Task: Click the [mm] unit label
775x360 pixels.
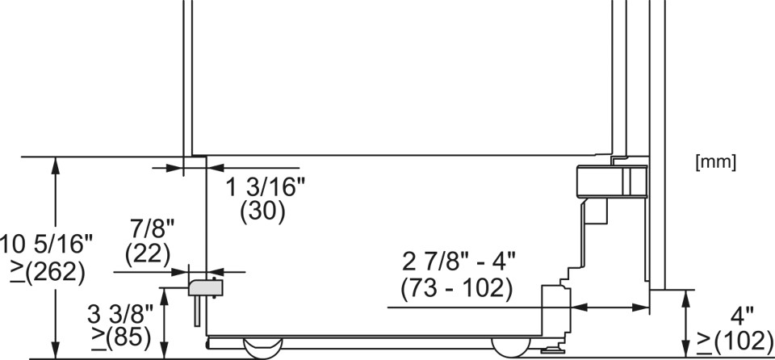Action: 716,163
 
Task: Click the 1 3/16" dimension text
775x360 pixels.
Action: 266,188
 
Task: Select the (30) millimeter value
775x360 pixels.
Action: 262,211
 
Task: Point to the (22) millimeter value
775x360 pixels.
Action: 148,254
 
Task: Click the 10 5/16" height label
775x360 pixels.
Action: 46,245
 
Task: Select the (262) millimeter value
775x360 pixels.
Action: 47,272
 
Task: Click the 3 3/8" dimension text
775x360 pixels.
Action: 120,313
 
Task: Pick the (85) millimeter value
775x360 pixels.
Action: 122,337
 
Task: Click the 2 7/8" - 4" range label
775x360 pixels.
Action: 459,262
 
